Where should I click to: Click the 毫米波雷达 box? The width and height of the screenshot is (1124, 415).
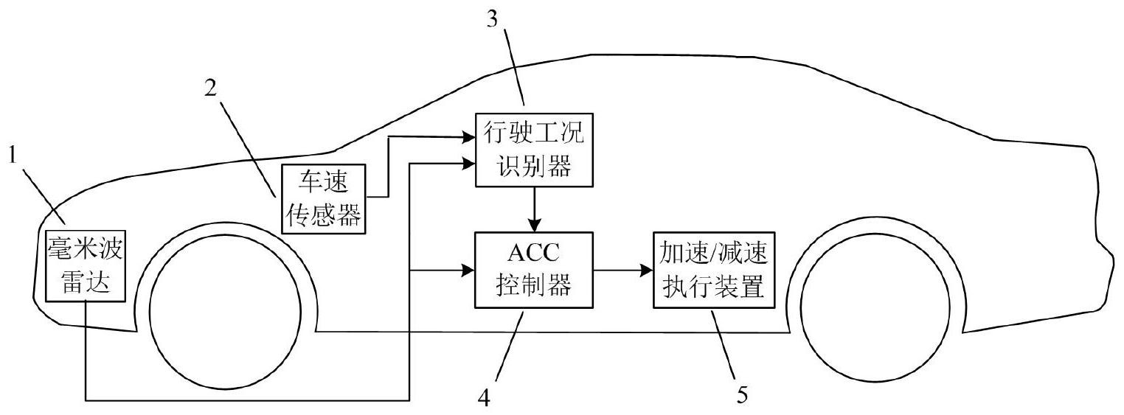coord(85,266)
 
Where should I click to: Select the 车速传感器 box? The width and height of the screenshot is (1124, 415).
coord(324,199)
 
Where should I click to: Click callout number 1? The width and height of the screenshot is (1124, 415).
coord(12,156)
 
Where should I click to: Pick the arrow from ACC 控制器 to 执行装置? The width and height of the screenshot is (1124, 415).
coord(623,271)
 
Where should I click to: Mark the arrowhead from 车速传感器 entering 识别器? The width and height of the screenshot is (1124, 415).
coord(466,137)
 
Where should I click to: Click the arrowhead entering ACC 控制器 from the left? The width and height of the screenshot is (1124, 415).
coord(466,271)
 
